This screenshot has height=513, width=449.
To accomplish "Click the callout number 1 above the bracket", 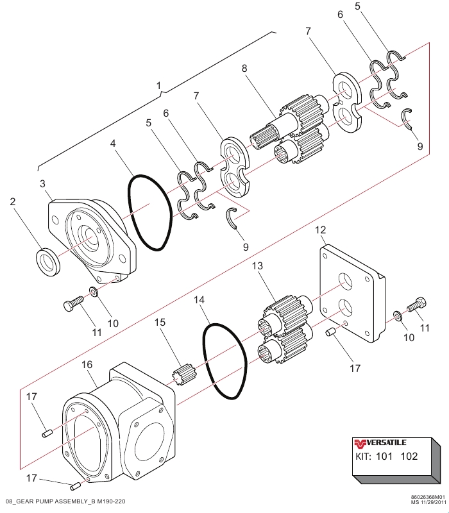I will pyautogui.click(x=160, y=85).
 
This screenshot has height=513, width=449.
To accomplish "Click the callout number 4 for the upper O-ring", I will pyautogui.click(x=113, y=144).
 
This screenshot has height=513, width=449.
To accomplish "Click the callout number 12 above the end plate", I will pyautogui.click(x=320, y=230).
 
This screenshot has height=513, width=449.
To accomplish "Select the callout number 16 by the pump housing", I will pyautogui.click(x=87, y=365).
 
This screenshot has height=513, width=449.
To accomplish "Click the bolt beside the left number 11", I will pyautogui.click(x=74, y=303).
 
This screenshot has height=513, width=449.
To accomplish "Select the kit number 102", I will pyautogui.click(x=408, y=458).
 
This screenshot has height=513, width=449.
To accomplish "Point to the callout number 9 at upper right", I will pyautogui.click(x=419, y=146).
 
